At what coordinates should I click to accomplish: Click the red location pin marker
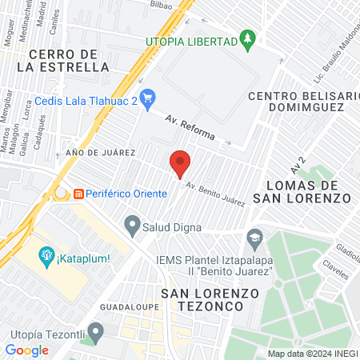180,162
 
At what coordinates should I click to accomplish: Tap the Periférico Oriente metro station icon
78,194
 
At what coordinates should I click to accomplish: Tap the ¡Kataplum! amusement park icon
46,256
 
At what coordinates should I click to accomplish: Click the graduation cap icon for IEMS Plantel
254,237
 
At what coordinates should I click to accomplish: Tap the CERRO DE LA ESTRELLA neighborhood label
68,61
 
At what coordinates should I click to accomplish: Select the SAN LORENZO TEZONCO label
210,300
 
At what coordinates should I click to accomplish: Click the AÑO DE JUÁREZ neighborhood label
101,152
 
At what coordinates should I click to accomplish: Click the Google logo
26,350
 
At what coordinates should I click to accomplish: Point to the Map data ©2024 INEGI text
311,354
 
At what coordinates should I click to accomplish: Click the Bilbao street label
161,4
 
